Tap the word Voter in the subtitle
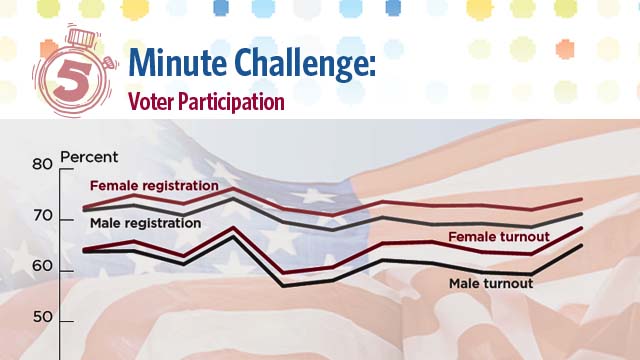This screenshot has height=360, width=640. (x=148, y=102)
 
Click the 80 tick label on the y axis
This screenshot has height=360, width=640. (x=41, y=165)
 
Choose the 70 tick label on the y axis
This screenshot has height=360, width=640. (x=41, y=217)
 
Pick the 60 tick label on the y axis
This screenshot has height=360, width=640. (x=41, y=270)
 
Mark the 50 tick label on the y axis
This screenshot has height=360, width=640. (x=41, y=320)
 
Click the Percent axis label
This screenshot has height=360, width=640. (x=89, y=157)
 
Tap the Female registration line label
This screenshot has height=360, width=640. (x=154, y=186)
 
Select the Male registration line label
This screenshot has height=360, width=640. (x=145, y=222)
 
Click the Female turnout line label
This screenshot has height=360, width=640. (x=498, y=237)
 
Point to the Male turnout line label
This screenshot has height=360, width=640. (x=490, y=284)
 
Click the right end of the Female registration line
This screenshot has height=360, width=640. (x=582, y=200)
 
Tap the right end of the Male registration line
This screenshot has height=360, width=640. (x=582, y=214)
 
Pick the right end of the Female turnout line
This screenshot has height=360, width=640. (x=582, y=229)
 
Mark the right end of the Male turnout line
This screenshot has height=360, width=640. (x=582, y=245)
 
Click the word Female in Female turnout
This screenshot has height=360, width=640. (x=470, y=237)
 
